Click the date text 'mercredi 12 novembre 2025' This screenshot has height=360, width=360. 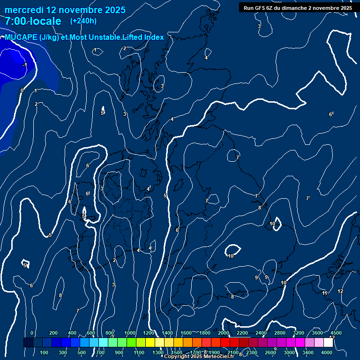(x=65, y=10)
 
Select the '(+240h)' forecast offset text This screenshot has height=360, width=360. (x=83, y=21)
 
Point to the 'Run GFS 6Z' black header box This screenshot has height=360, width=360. (x=298, y=7)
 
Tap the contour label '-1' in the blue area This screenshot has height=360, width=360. (x=25, y=65)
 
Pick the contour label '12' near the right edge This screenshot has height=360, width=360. (x=340, y=291)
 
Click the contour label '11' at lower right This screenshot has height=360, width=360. (x=324, y=293)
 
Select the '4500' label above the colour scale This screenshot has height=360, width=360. (x=336, y=333)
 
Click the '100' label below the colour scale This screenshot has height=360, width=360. (x=45, y=352)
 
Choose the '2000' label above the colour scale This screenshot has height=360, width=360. (x=224, y=333)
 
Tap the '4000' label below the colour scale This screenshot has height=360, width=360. (x=327, y=352)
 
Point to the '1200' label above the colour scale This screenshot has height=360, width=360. (x=149, y=333)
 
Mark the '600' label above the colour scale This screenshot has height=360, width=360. (x=91, y=333)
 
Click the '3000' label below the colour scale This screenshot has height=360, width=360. (x=289, y=352)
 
